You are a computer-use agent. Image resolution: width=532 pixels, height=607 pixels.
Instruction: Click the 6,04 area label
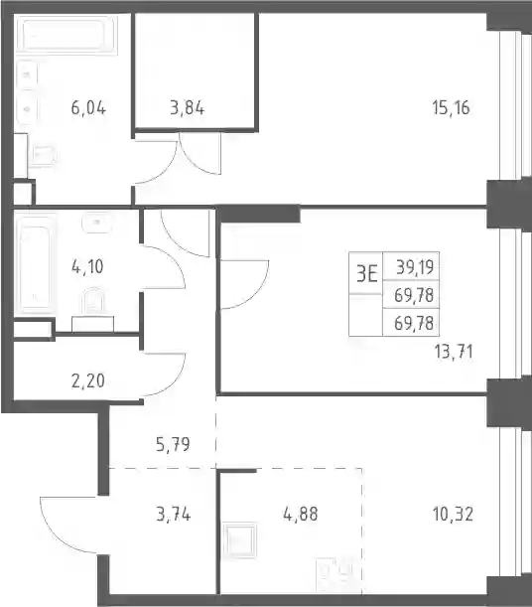(x=88, y=107)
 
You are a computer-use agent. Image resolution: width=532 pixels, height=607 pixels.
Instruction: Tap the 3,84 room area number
(x=188, y=107)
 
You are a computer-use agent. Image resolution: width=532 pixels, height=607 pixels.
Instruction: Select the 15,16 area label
(x=451, y=107)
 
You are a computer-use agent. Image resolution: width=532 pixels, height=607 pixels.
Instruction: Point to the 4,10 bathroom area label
(x=87, y=266)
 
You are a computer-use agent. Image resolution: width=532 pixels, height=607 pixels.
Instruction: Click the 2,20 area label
(x=87, y=380)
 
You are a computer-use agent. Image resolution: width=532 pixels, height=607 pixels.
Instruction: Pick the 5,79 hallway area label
(x=173, y=444)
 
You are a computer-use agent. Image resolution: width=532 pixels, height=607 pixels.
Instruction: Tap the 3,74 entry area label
(x=174, y=515)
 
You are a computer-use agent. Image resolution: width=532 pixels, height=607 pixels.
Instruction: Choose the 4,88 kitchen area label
(x=301, y=514)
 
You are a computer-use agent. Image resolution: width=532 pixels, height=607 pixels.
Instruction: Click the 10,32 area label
(x=453, y=515)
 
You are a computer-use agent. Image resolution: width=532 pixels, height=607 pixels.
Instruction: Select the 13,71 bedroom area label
(x=454, y=353)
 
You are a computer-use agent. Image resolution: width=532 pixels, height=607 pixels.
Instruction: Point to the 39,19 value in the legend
(x=415, y=267)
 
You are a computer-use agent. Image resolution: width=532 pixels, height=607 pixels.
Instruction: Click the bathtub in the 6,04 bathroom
(x=66, y=36)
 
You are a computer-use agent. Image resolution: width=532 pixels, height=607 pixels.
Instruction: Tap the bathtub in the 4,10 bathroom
(x=35, y=264)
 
